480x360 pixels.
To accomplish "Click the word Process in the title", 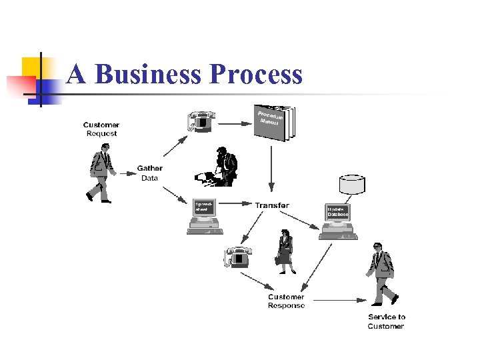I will (x=256, y=74).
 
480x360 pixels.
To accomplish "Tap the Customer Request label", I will (x=101, y=129).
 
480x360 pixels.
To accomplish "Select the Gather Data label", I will (x=149, y=173).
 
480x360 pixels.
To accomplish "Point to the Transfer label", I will (x=272, y=205).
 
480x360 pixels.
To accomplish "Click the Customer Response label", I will (x=286, y=301).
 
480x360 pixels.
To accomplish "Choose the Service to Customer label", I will (x=386, y=321).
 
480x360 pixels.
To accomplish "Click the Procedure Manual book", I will (x=273, y=123).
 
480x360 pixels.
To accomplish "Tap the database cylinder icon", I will (x=352, y=184).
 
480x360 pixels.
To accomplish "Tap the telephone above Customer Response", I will (x=238, y=256).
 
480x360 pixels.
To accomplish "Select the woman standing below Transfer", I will (x=285, y=251).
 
